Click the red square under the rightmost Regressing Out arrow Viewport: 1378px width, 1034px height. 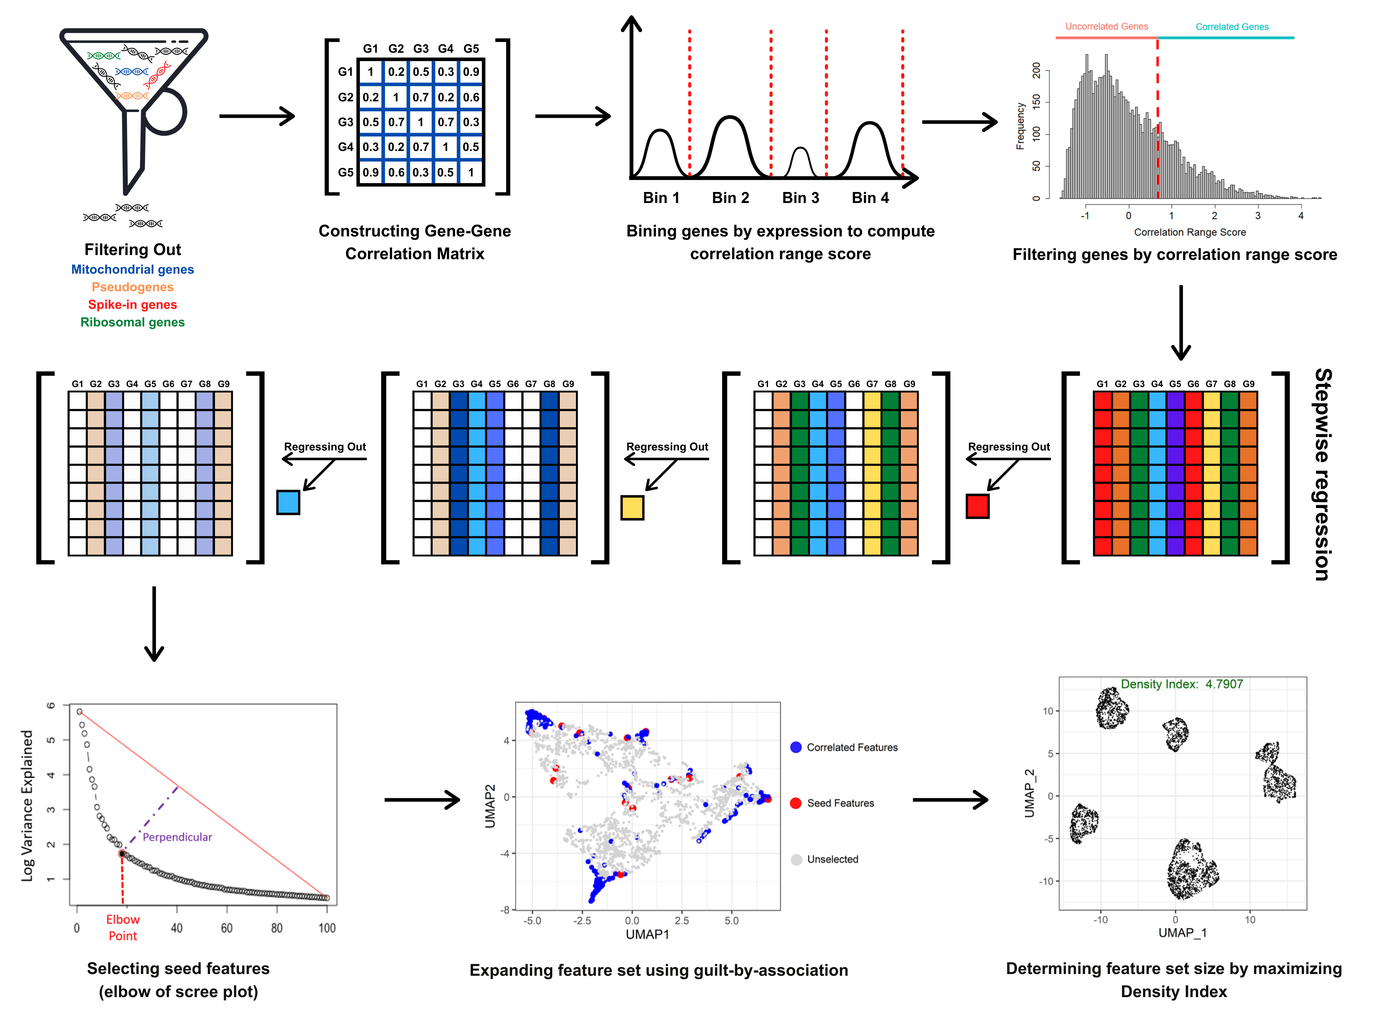pyautogui.click(x=977, y=506)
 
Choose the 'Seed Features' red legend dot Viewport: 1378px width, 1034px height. pyautogui.click(x=795, y=803)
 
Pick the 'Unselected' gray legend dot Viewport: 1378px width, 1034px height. pyautogui.click(x=795, y=860)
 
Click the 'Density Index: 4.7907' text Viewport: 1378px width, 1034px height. pyautogui.click(x=1181, y=684)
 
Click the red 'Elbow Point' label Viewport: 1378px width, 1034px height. pyautogui.click(x=123, y=927)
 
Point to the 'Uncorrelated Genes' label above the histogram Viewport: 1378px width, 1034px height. pyautogui.click(x=1107, y=26)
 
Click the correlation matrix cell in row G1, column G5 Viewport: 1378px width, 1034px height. pyautogui.click(x=471, y=72)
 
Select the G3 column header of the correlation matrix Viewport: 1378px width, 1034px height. pyautogui.click(x=421, y=49)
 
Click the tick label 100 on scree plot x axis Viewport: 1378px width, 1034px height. pyautogui.click(x=327, y=928)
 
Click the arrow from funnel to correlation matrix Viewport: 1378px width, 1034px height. pyautogui.click(x=257, y=116)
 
